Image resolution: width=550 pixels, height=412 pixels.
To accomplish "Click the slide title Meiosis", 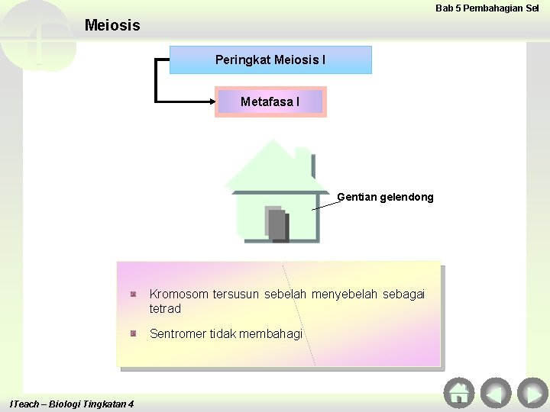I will [112, 25].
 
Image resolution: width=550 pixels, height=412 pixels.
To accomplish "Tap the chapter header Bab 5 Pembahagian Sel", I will [487, 8].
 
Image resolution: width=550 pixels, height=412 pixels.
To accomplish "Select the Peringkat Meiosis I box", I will [270, 60].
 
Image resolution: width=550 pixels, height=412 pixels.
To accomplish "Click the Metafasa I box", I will [270, 101].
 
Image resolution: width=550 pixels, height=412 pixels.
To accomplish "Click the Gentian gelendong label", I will [385, 197].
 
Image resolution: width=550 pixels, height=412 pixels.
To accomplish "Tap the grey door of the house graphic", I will [276, 224].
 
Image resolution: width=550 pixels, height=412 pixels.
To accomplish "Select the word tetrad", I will [165, 309].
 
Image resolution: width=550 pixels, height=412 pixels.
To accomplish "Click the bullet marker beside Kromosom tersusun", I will [133, 294].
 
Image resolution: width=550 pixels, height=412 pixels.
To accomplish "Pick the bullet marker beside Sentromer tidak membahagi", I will [133, 333].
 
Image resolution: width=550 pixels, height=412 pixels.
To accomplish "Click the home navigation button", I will [459, 393].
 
